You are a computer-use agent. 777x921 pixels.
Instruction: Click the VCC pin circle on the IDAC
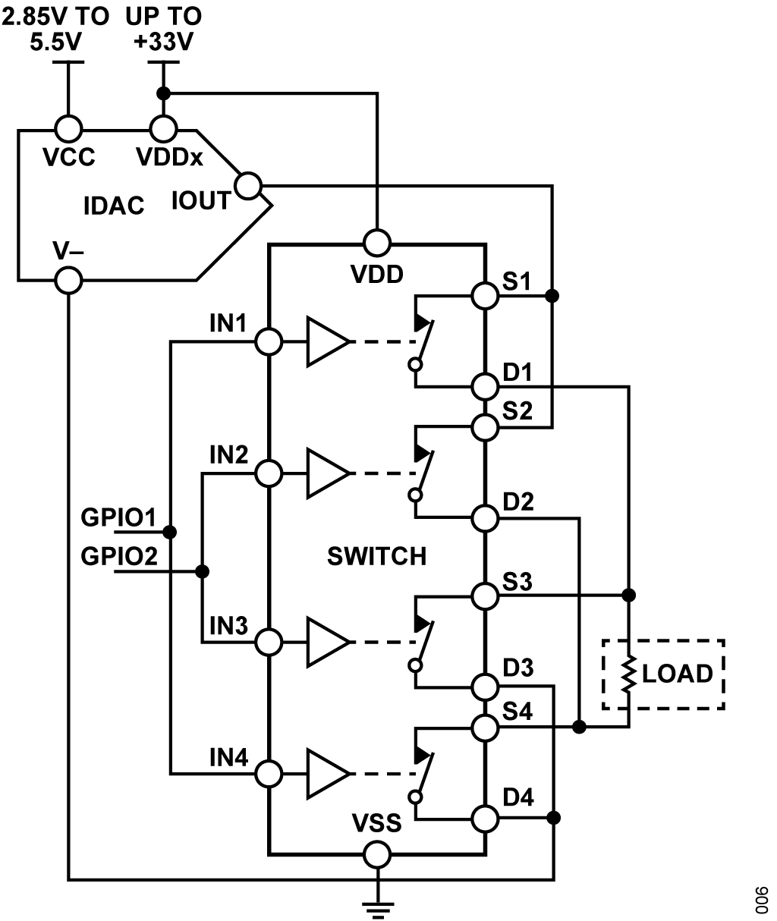tap(69, 129)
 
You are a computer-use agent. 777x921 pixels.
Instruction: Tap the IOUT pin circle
tap(248, 186)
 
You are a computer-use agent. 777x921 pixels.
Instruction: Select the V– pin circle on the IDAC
tap(68, 281)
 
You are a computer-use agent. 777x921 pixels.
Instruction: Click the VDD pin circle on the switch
tap(377, 243)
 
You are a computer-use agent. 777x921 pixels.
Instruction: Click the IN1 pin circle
tap(269, 341)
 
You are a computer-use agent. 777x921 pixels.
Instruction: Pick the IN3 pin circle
tap(269, 643)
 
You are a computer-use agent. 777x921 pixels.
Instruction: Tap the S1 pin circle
tap(485, 296)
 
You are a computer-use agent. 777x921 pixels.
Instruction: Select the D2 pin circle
tap(485, 518)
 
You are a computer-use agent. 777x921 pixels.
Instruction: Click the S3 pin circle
tap(485, 596)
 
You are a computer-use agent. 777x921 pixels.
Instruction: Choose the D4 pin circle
tap(485, 819)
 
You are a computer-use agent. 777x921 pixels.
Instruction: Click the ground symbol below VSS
tap(378, 910)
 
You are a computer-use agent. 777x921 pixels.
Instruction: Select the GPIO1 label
tap(118, 517)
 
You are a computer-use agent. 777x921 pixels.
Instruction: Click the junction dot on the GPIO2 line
tap(202, 572)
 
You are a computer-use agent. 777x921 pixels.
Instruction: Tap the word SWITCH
tap(377, 556)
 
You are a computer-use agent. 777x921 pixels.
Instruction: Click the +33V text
tap(164, 42)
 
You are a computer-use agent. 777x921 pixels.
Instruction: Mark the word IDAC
tap(114, 206)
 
